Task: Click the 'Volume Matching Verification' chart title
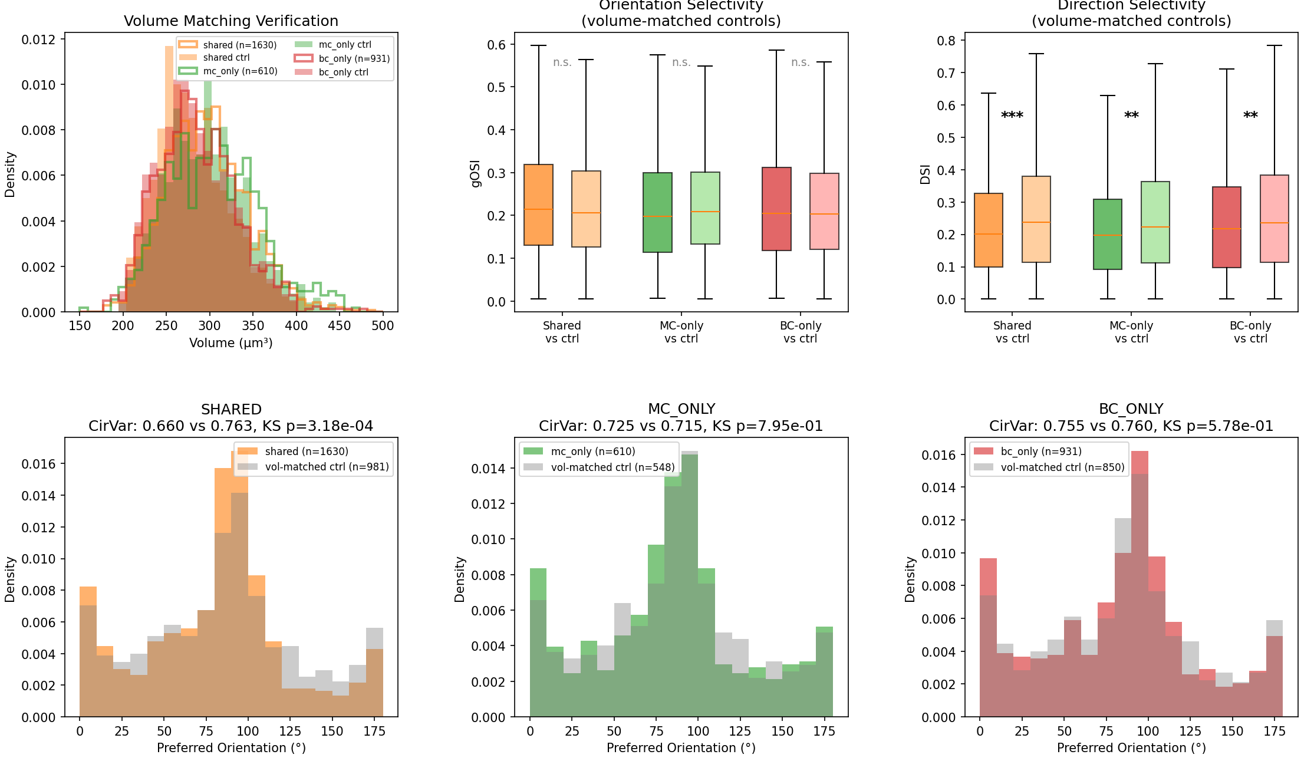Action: click(x=230, y=21)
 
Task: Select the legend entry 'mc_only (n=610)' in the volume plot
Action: click(x=239, y=71)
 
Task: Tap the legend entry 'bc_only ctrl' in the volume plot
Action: click(x=343, y=73)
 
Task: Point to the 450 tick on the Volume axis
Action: click(x=339, y=325)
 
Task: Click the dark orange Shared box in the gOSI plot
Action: click(x=538, y=205)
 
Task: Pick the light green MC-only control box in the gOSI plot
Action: click(x=704, y=207)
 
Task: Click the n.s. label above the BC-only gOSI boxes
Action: click(x=800, y=62)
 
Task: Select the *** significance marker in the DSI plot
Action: click(x=1012, y=116)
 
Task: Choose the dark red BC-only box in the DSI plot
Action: click(x=1226, y=227)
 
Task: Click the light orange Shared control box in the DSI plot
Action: click(x=1036, y=219)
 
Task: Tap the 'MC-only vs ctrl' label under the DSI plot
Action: click(x=1131, y=332)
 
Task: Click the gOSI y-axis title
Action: click(x=475, y=173)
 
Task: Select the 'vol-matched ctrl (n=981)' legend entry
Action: click(x=327, y=467)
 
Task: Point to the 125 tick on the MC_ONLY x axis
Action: click(x=740, y=732)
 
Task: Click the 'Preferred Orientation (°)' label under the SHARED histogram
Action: click(x=230, y=748)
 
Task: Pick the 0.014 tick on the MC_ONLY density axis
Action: click(x=488, y=469)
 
